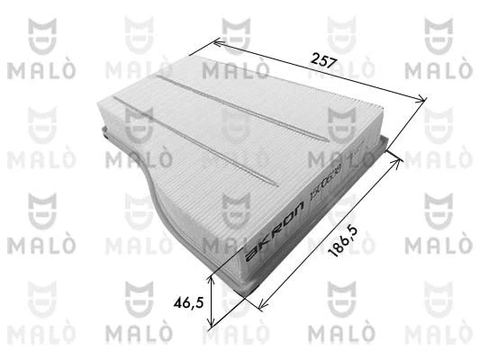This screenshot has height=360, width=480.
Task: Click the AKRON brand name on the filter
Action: (x=267, y=235)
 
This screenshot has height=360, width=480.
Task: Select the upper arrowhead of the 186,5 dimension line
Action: (x=399, y=155)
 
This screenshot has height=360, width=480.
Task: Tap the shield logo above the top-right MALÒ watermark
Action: (x=437, y=33)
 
